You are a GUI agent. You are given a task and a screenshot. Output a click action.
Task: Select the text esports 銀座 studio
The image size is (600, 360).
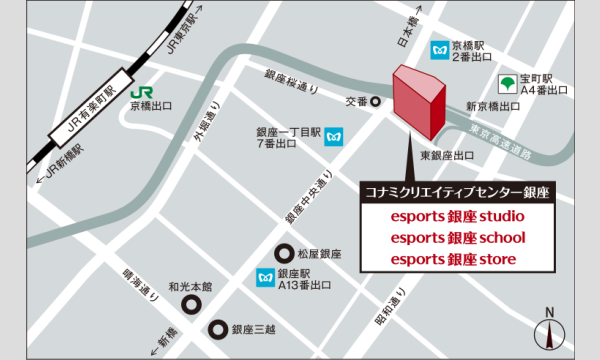[455, 216]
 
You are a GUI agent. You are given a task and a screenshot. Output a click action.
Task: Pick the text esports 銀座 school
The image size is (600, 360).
[455, 238]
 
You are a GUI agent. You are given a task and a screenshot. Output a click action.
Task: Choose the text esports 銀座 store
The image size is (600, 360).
[455, 260]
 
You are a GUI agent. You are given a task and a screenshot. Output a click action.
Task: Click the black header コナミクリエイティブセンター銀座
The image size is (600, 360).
[455, 191]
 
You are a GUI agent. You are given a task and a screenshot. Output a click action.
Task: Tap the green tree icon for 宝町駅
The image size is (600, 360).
[508, 81]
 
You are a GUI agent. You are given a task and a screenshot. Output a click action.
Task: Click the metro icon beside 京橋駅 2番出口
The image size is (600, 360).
[438, 49]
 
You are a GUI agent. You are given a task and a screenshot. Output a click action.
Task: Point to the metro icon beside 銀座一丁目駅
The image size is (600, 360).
[333, 135]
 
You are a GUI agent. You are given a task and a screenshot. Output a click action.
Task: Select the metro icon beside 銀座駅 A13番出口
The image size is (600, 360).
[266, 274]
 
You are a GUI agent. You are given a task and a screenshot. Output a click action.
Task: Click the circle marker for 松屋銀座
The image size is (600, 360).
[284, 254]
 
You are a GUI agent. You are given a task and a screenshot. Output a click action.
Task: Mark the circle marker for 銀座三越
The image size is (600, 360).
[217, 329]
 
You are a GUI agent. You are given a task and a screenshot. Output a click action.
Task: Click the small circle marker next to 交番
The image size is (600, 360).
[376, 101]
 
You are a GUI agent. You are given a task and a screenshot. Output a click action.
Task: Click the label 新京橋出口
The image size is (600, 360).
[492, 105]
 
